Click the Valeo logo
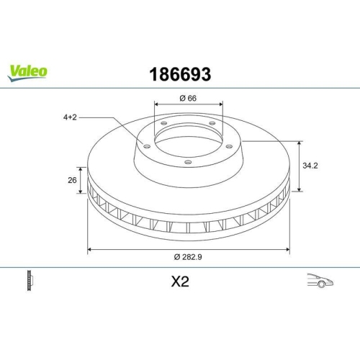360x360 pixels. [28, 71]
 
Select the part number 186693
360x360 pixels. [180, 73]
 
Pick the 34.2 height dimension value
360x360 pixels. [310, 165]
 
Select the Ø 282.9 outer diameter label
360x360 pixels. [189, 258]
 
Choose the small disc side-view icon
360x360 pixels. [30, 280]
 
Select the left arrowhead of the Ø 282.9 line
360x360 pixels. [90, 249]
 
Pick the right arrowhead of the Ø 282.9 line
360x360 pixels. [288, 249]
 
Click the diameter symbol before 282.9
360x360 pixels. [176, 258]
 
